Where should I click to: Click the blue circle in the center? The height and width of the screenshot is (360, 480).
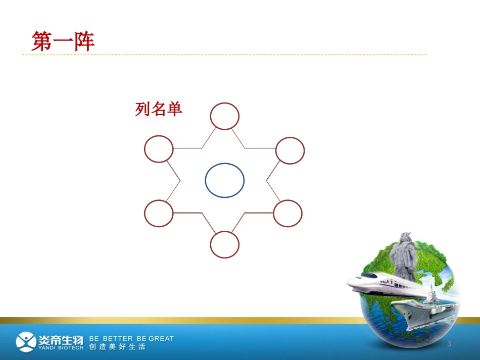tap(224, 180)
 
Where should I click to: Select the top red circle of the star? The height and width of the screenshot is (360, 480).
tap(224, 117)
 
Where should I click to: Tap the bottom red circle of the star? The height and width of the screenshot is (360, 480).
tap(224, 244)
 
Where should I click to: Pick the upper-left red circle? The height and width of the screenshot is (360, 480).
tap(159, 149)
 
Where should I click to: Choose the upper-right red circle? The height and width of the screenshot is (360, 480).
tap(290, 150)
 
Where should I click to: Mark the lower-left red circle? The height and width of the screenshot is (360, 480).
tap(159, 213)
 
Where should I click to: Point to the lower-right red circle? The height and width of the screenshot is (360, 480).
tap(288, 213)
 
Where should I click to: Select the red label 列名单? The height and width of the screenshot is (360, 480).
tap(158, 109)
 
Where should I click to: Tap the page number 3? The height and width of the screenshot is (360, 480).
tap(449, 344)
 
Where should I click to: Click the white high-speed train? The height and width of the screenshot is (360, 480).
tap(384, 283)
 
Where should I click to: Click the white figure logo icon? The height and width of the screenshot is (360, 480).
tap(26, 342)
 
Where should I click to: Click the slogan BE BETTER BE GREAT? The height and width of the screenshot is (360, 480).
tap(131, 338)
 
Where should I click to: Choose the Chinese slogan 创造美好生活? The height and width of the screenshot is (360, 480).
tap(117, 347)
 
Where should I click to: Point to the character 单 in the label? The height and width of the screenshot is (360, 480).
tap(174, 109)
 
